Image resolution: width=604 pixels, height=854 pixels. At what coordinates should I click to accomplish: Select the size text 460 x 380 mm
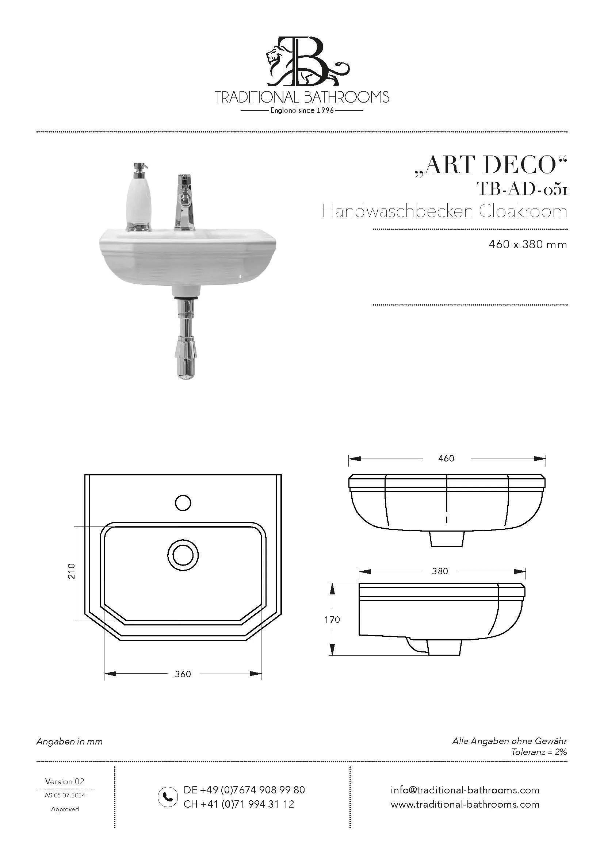(527, 245)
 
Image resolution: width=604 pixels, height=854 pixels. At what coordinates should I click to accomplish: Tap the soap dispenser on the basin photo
(139, 197)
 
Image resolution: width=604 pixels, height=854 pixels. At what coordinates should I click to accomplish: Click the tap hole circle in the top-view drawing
(183, 503)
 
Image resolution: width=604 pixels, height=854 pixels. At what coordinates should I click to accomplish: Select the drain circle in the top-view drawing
(183, 555)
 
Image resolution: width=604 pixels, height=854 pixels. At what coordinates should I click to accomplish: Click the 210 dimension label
(72, 571)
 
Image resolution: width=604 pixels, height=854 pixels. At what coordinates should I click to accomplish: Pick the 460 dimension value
(446, 459)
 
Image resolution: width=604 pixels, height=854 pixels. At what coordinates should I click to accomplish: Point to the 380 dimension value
(440, 571)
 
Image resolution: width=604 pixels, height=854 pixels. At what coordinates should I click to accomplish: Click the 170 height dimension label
(332, 620)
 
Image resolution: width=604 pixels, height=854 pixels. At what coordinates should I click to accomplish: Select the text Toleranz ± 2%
(539, 752)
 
